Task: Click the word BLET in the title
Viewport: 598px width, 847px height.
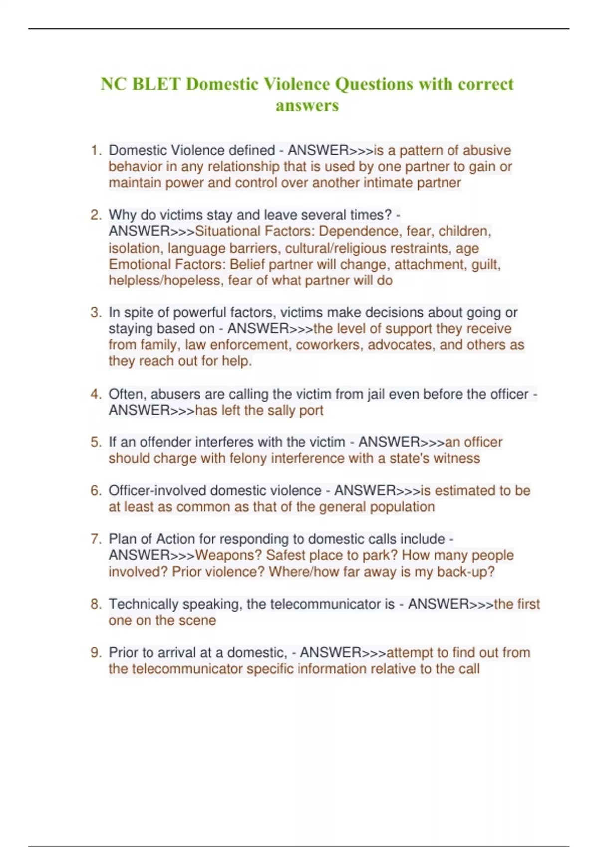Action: [x=156, y=84]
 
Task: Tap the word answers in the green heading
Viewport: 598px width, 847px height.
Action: [x=307, y=106]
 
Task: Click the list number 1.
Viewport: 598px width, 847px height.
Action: [x=95, y=150]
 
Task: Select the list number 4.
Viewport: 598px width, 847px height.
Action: [x=95, y=394]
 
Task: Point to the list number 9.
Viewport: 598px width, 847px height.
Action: [x=95, y=653]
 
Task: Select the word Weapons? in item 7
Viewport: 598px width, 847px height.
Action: [x=228, y=555]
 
